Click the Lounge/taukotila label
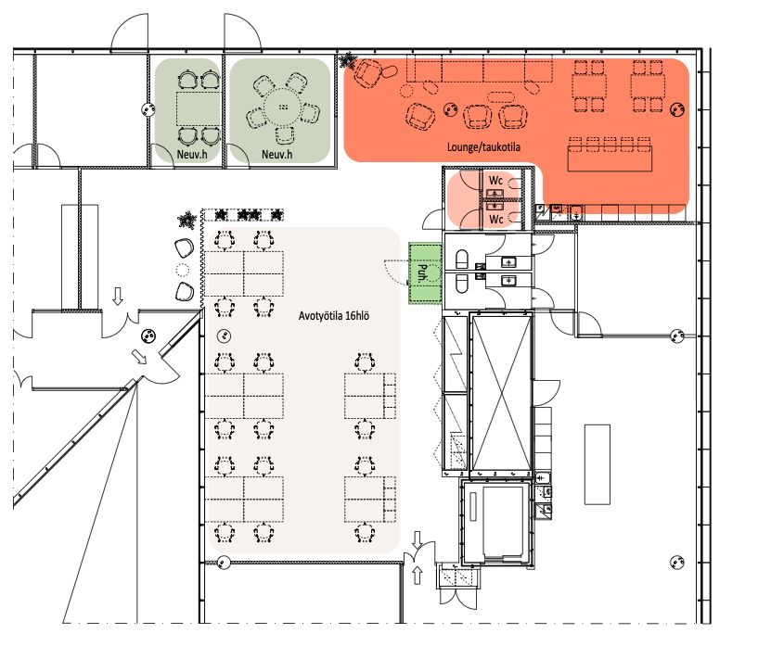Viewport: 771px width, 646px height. pos(483,146)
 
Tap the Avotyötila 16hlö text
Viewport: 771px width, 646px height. pos(334,316)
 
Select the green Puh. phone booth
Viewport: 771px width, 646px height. pos(425,273)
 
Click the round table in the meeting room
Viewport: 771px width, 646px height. pos(283,107)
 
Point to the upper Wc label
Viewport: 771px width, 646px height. pos(495,181)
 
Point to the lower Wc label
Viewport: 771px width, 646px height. pos(495,219)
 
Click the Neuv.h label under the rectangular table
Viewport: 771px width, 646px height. pos(192,155)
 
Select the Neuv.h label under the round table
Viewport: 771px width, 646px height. pos(276,155)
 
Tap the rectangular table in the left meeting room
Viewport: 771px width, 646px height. pos(199,108)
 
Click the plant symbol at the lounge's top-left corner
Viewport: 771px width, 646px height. pos(348,60)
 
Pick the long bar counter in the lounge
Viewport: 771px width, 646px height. pos(610,158)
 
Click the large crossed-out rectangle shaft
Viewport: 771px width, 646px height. pos(502,393)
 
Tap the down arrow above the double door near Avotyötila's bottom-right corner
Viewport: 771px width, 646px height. pos(417,540)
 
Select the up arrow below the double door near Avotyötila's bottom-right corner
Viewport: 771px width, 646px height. pos(417,575)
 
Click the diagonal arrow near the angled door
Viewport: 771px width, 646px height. pos(141,357)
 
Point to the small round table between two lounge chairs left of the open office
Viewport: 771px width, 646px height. pos(183,269)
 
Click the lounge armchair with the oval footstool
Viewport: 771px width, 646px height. pos(366,73)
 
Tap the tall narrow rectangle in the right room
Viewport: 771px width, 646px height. pos(598,464)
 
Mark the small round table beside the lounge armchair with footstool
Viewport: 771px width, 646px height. pos(406,91)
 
